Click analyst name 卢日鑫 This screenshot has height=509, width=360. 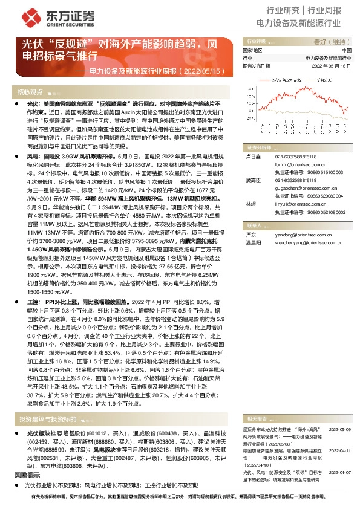252,155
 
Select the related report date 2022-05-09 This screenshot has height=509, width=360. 341,412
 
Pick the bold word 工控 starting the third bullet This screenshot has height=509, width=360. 33,300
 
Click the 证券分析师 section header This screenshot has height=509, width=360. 259,147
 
